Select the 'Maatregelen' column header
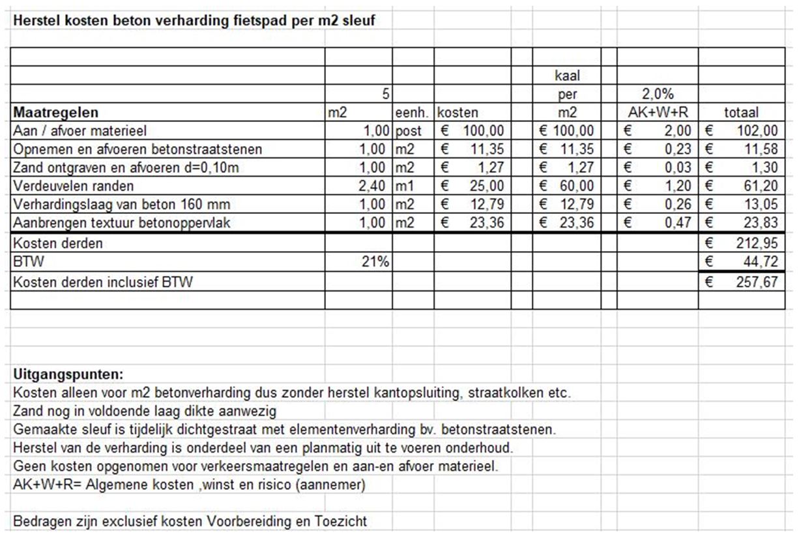tap(55, 112)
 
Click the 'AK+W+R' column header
tap(657, 112)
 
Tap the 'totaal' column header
tap(742, 112)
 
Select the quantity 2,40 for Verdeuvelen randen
tap(376, 186)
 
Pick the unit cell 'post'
tap(409, 131)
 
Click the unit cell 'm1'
tap(405, 186)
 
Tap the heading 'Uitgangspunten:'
tap(68, 375)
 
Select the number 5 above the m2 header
tap(385, 95)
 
